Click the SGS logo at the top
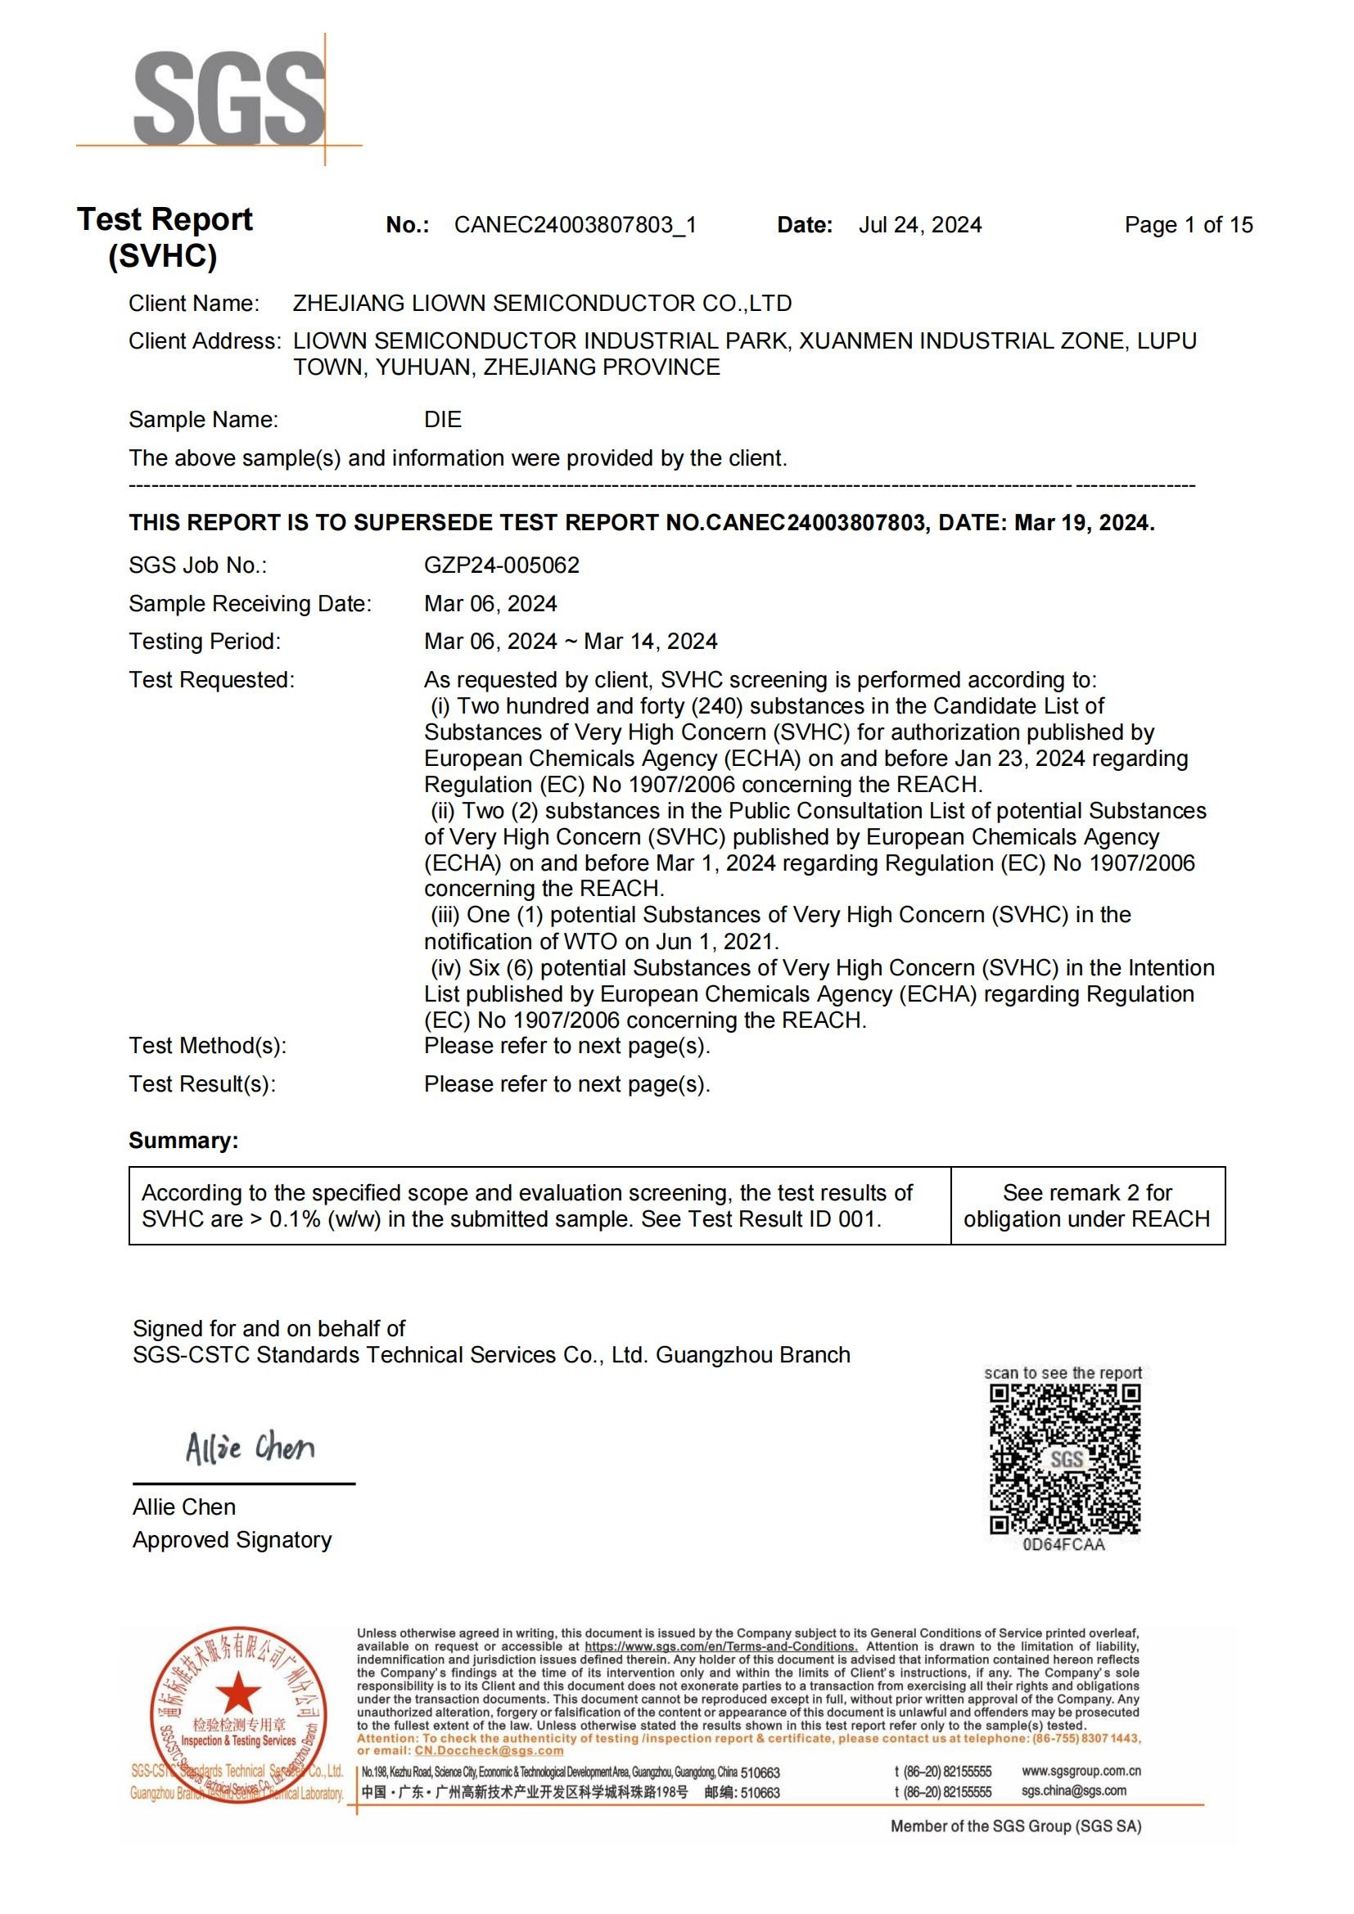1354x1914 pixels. click(228, 98)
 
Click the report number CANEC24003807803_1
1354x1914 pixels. click(575, 225)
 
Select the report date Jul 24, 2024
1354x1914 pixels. click(919, 225)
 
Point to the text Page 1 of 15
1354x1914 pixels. click(1188, 224)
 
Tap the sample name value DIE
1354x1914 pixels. click(443, 419)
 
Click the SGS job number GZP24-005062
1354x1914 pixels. click(501, 565)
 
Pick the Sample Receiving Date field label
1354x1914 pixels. click(250, 604)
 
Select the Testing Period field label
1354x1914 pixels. click(205, 641)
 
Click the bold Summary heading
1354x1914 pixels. click(183, 1141)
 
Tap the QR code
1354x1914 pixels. click(1065, 1459)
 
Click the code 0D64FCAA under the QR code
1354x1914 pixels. click(1064, 1545)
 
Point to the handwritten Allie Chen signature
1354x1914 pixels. click(250, 1448)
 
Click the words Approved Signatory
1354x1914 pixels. click(232, 1540)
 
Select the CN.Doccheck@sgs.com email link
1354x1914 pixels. click(489, 1750)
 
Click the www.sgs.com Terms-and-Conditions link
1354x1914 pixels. click(720, 1646)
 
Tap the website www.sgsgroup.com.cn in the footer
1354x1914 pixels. click(1081, 1771)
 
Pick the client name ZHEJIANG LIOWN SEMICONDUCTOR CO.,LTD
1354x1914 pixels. click(542, 304)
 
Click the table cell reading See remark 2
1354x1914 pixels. click(1087, 1205)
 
